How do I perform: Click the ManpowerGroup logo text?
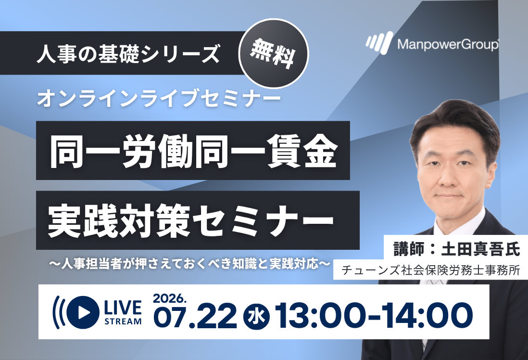pyautogui.click(x=448, y=44)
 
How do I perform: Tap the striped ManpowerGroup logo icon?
pyautogui.click(x=379, y=43)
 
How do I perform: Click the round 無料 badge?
pyautogui.click(x=274, y=53)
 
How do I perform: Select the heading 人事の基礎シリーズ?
pyautogui.click(x=128, y=53)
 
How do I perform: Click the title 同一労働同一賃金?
pyautogui.click(x=193, y=151)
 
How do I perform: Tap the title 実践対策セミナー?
pyautogui.click(x=191, y=220)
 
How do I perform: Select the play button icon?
pyautogui.click(x=83, y=312)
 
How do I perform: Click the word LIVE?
pyautogui.click(x=123, y=308)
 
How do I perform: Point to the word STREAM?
pyautogui.click(x=123, y=321)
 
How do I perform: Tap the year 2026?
pyautogui.click(x=169, y=298)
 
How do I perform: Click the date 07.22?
pyautogui.click(x=195, y=317)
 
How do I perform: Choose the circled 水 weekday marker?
pyautogui.click(x=257, y=317)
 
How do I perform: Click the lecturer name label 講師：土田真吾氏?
pyautogui.click(x=457, y=249)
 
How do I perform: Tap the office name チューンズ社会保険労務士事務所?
pyautogui.click(x=431, y=270)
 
